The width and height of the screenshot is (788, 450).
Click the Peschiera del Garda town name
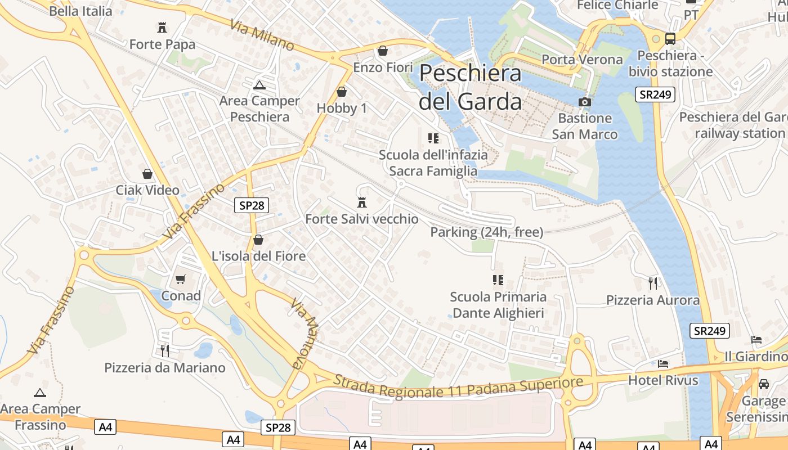click(471, 87)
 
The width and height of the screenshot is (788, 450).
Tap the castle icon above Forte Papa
click(162, 27)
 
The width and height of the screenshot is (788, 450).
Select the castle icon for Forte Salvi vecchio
click(362, 202)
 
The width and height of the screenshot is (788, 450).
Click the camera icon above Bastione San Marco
click(585, 102)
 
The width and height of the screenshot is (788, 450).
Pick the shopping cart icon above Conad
click(181, 279)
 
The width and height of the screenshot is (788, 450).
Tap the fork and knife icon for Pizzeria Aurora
click(652, 283)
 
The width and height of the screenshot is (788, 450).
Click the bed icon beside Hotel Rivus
click(663, 364)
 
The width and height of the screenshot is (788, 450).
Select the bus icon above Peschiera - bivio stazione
click(670, 39)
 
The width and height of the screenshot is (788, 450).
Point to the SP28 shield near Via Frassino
click(252, 205)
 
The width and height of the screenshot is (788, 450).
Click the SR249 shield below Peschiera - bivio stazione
click(655, 94)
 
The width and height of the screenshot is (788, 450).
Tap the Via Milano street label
click(262, 35)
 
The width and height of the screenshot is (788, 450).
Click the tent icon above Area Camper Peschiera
click(259, 85)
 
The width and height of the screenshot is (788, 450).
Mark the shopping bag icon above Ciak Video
click(147, 174)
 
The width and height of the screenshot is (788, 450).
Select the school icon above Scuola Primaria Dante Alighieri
click(498, 280)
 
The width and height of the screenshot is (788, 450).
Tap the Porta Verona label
click(582, 60)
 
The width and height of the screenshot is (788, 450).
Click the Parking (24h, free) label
click(487, 232)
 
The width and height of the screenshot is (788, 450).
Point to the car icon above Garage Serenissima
click(763, 384)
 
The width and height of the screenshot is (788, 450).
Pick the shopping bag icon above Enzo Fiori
click(383, 51)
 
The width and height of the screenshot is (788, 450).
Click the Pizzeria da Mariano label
click(165, 368)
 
